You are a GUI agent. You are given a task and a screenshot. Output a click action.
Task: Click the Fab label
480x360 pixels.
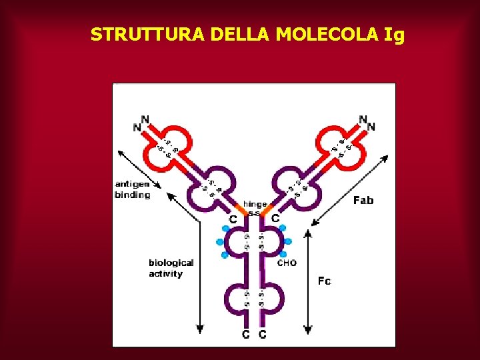point(363,200)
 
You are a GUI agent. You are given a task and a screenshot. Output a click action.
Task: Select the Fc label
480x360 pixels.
point(324,281)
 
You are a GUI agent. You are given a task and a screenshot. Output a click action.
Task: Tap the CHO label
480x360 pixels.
point(287,263)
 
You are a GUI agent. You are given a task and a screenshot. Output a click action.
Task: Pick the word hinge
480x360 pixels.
point(255,204)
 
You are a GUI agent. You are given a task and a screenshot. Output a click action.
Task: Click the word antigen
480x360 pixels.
point(132,185)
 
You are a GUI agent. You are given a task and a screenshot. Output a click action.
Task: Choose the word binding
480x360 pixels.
point(132,195)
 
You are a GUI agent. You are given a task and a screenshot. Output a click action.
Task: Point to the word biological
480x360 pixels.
point(171,263)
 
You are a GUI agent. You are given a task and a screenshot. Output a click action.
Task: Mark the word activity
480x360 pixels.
point(165,273)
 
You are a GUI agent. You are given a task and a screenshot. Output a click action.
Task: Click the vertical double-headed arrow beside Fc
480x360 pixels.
point(307,280)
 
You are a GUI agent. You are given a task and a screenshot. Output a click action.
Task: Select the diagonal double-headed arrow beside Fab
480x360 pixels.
point(350,190)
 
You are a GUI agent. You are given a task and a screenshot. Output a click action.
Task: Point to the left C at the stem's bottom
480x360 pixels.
point(246,335)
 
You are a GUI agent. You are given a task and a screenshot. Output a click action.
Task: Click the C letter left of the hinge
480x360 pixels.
point(233,219)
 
